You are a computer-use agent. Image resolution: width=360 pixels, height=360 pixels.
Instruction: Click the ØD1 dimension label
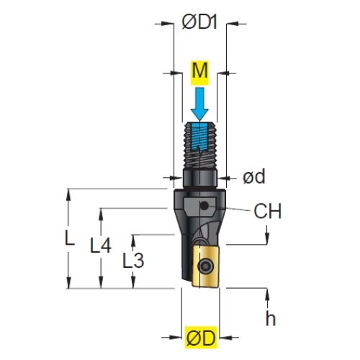[x=199, y=22]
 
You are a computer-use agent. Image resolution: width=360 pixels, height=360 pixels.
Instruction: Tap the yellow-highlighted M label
[x=200, y=73]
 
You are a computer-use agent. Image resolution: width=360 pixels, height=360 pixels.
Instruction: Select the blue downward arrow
[x=199, y=104]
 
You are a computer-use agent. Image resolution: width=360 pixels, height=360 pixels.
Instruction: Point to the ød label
[x=254, y=176]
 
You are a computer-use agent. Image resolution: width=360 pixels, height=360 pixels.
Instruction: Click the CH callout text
[x=267, y=211]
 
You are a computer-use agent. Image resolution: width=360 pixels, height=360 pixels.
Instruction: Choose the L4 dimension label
[x=101, y=245]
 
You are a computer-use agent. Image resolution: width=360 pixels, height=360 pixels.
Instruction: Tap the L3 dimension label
[x=133, y=260]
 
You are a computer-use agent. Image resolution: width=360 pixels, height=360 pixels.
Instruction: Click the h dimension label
[x=271, y=318]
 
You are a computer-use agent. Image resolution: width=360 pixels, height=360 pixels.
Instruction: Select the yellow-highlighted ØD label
[x=201, y=337]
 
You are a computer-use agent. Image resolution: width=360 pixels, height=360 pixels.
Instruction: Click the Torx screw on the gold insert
[x=204, y=266]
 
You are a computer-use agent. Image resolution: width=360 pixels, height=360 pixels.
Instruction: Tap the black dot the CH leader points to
[x=204, y=206]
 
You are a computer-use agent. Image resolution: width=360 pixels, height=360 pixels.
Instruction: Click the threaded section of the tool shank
[x=200, y=145]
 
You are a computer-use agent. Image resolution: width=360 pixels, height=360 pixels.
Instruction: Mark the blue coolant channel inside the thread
[x=199, y=137]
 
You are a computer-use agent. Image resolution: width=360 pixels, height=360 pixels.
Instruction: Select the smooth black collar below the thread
[x=200, y=179]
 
